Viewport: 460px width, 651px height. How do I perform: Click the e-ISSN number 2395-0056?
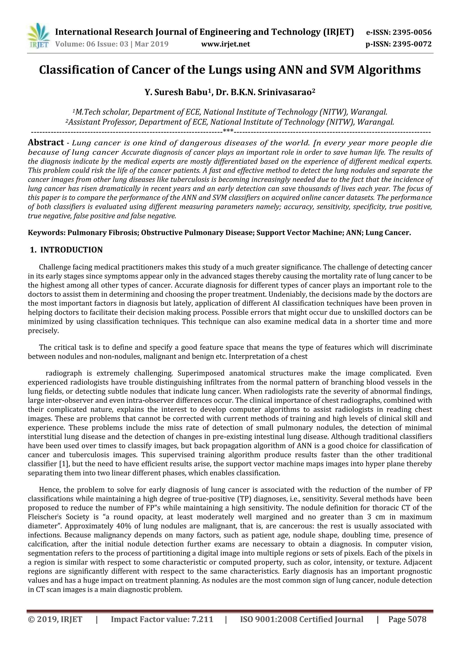(x=412, y=32)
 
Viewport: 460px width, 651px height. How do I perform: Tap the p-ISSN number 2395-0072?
(x=412, y=44)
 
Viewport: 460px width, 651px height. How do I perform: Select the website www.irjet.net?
(x=226, y=44)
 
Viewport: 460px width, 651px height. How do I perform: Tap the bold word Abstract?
(x=46, y=142)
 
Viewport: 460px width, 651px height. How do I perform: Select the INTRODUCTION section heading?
(x=71, y=250)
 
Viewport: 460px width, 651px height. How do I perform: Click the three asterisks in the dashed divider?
(x=228, y=131)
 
